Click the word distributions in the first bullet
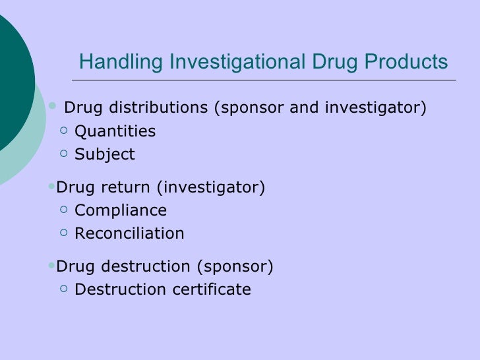[158, 107]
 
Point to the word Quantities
[115, 131]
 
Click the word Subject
[105, 155]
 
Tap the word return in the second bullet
[126, 188]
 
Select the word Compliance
[121, 211]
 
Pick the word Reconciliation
[129, 233]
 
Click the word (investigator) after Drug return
[210, 188]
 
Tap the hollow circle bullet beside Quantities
[63, 131]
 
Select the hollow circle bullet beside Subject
[63, 154]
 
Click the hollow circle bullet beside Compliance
[63, 210]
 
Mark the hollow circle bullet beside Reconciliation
[63, 233]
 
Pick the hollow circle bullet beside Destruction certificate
[63, 289]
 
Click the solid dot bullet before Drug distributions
[53, 105]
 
